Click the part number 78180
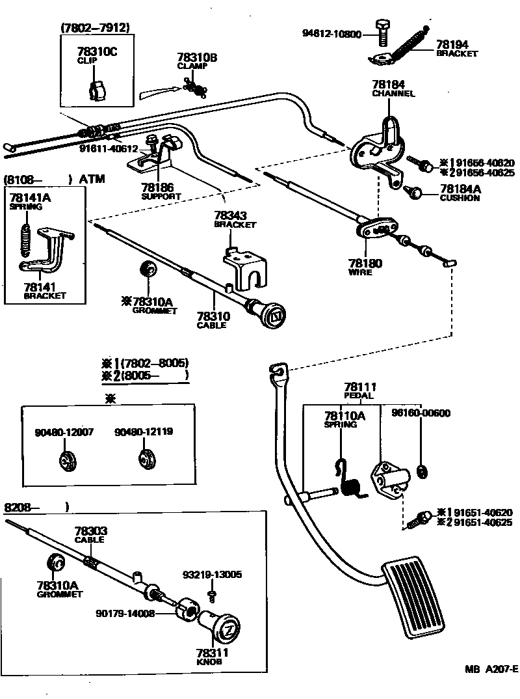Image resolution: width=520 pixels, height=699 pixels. pos(365,264)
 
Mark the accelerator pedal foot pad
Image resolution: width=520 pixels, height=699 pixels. pos(415,596)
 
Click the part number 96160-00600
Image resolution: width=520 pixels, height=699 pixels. pos(421,413)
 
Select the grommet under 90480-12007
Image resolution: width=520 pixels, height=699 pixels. pos(65,459)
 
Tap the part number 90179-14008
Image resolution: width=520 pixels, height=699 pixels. pos(124,612)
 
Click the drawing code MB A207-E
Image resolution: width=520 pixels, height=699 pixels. pos(490,669)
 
